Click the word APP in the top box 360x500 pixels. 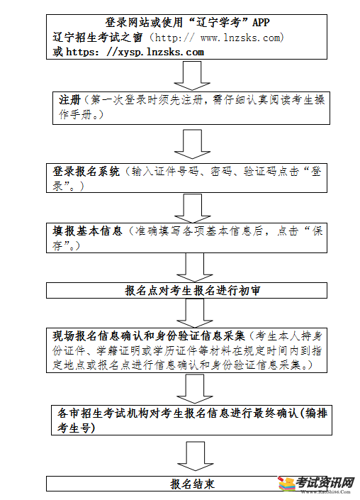pyautogui.click(x=261, y=22)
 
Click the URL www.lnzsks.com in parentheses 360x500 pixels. pyautogui.click(x=240, y=38)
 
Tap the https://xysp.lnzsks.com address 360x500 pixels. pyautogui.click(x=135, y=52)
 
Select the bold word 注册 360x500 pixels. pyautogui.click(x=69, y=100)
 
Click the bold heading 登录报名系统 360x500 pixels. pyautogui.click(x=86, y=172)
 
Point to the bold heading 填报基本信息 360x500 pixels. pyautogui.click(x=87, y=230)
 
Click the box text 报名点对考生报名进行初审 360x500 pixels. pyautogui.click(x=193, y=291)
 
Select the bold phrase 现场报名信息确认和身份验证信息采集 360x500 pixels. pyautogui.click(x=149, y=335)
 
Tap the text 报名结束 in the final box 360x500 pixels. pyautogui.click(x=193, y=484)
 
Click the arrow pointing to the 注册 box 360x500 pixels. pyautogui.click(x=192, y=76)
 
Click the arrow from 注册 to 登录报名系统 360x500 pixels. pyautogui.click(x=192, y=144)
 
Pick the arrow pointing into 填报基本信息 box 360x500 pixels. pyautogui.click(x=193, y=209)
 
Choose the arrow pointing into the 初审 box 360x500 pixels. pyautogui.click(x=195, y=267)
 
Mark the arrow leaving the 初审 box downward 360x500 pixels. pyautogui.click(x=195, y=313)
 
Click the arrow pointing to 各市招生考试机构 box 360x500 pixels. pyautogui.click(x=195, y=389)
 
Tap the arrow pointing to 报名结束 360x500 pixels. pyautogui.click(x=196, y=456)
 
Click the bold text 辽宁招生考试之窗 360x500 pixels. pyautogui.click(x=98, y=38)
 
